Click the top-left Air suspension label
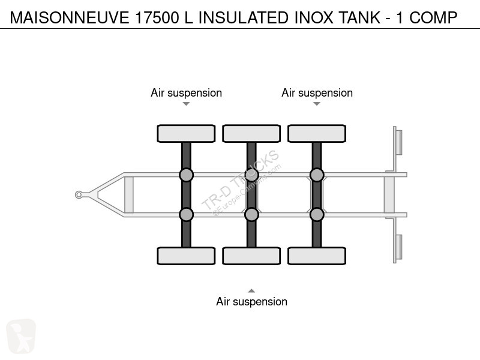[186, 93]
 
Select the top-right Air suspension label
[317, 93]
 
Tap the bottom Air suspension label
[251, 302]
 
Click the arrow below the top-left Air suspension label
[186, 104]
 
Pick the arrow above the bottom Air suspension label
[251, 290]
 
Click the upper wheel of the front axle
[186, 133]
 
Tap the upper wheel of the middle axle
[251, 133]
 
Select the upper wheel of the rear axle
[317, 133]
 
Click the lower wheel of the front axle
[186, 256]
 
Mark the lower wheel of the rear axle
[317, 256]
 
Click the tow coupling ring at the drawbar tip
[79, 194]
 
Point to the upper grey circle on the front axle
[186, 175]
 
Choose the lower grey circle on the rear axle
[317, 214]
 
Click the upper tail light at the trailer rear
[398, 142]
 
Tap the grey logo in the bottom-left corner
[21, 336]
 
